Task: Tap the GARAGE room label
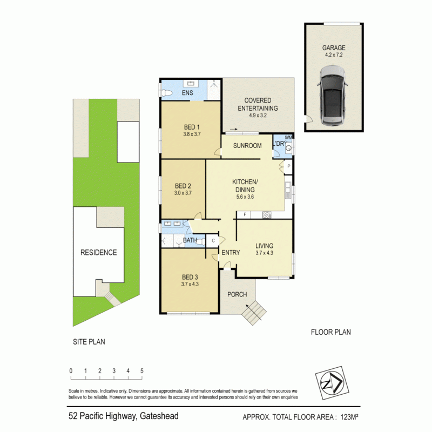334,48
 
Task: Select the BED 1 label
191,128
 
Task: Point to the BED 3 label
190,277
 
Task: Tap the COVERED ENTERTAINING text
258,104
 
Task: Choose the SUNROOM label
248,146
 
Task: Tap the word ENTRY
231,252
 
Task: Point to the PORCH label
237,294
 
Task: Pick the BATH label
190,240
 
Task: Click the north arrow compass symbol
329,383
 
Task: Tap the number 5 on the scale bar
142,371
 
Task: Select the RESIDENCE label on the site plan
99,252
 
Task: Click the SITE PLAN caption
89,341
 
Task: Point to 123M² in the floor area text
349,416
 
